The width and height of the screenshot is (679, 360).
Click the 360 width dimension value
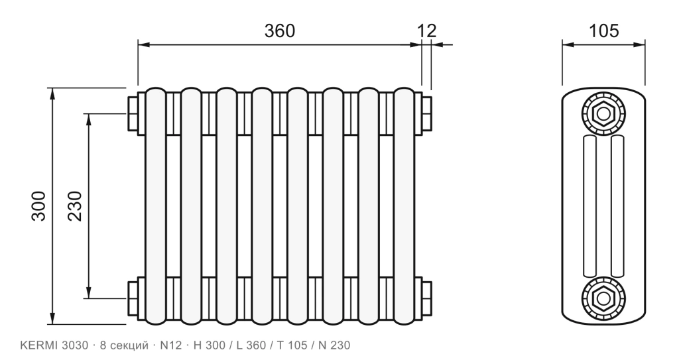click(280, 30)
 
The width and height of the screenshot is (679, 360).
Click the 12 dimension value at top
click(427, 30)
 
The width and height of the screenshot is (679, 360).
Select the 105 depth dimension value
click(603, 30)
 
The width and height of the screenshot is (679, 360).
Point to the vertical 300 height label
click(38, 206)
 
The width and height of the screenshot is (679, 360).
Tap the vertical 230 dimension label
click(75, 206)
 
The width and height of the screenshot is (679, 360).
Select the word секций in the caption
click(130, 345)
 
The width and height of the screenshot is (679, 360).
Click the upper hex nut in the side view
click(603, 114)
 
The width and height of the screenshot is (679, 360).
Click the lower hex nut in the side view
click(603, 298)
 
